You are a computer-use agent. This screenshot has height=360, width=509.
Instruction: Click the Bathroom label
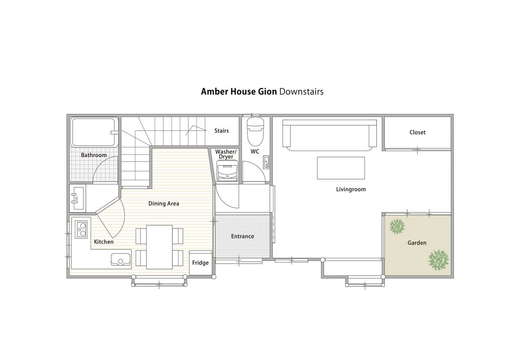94,155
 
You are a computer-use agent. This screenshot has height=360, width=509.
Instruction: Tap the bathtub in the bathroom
94,132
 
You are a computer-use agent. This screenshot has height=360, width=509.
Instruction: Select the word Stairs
222,131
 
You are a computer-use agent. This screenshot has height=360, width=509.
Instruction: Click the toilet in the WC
256,132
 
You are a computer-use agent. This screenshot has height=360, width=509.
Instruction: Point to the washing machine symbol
227,170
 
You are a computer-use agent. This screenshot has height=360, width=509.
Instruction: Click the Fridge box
201,263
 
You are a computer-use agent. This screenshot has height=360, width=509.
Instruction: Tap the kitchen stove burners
81,229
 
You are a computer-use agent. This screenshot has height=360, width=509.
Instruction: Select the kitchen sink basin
121,260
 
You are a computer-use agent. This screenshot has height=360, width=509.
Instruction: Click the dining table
159,247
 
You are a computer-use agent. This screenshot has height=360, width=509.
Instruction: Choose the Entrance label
243,236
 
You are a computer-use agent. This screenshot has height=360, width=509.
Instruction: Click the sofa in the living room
329,135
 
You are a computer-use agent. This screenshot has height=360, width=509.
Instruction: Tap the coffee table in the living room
341,168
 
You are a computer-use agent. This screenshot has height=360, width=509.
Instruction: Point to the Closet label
417,132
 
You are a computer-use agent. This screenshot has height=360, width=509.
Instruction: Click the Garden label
417,243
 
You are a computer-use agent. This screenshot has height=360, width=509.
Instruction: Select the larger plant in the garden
438,260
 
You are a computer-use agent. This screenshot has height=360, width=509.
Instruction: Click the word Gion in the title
267,92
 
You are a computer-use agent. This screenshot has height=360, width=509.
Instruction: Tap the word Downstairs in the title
301,92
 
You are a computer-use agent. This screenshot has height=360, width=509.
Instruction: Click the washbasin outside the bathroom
77,198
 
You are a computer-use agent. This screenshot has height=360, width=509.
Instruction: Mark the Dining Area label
164,204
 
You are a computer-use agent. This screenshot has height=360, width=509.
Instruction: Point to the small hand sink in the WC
266,162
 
